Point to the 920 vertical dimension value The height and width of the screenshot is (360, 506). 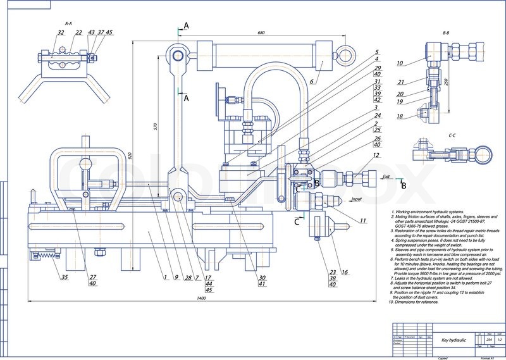(x=130, y=154)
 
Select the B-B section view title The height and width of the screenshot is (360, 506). (x=446, y=32)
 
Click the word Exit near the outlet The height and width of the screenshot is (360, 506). (x=386, y=179)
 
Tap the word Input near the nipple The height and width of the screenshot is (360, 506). (x=356, y=199)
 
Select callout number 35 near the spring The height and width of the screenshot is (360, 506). (x=65, y=276)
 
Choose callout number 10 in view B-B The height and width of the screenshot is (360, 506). (x=400, y=63)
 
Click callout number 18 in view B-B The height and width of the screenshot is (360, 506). (x=400, y=116)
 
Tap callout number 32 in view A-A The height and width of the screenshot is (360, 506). (x=61, y=32)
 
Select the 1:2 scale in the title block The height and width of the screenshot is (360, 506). (x=498, y=340)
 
